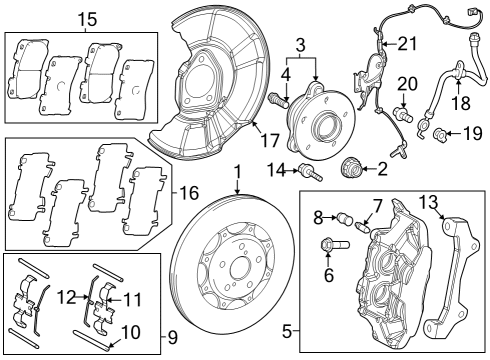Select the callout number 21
405,43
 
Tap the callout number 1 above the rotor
238,172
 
